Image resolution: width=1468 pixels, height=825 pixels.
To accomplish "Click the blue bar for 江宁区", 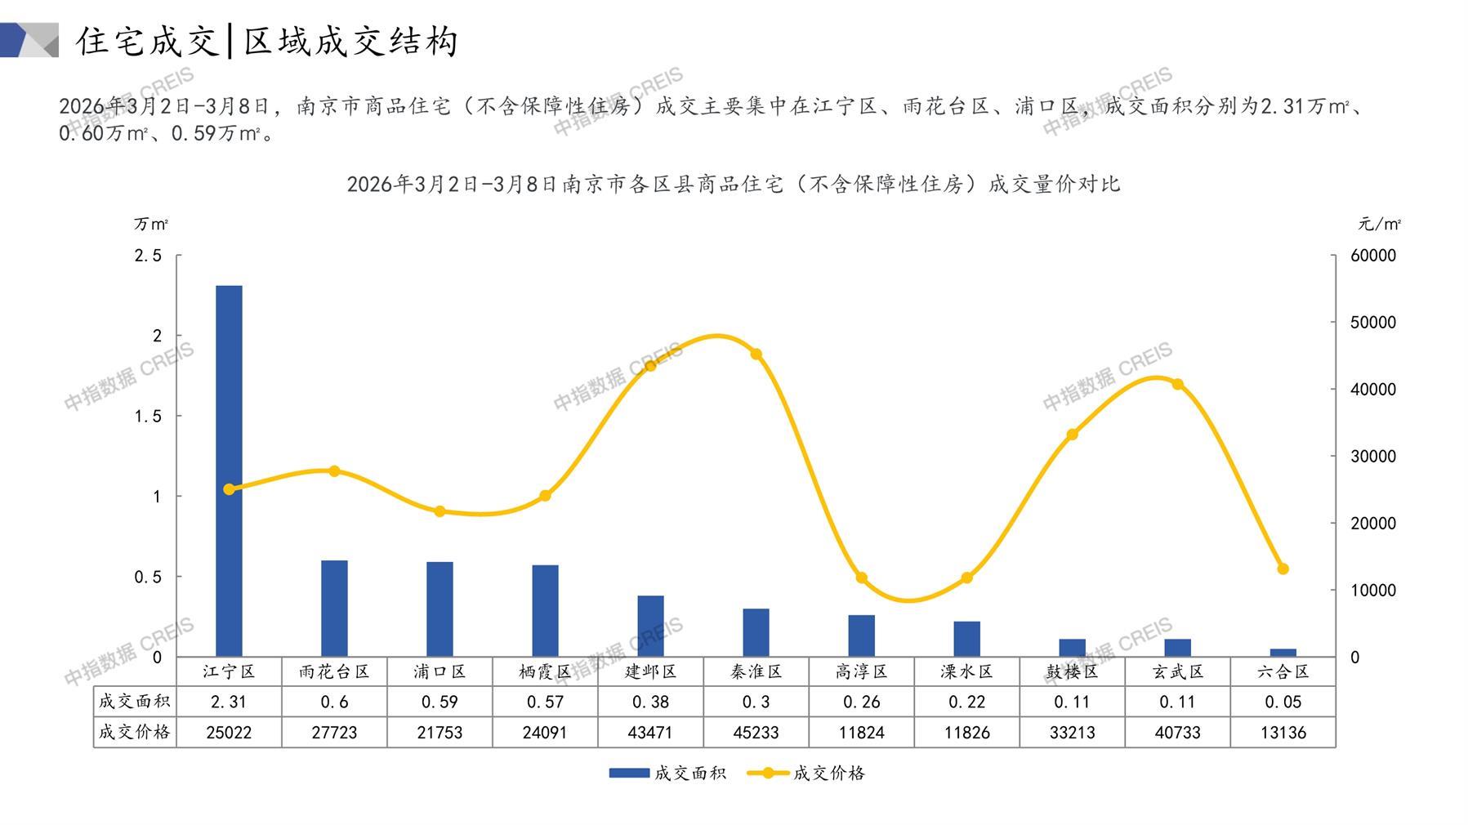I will [229, 470].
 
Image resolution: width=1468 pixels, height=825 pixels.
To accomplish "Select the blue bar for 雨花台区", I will [334, 608].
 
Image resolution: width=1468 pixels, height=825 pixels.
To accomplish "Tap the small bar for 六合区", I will [1283, 652].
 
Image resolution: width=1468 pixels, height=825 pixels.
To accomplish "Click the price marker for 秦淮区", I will [756, 355].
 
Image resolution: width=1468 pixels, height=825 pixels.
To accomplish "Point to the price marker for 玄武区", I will [1177, 385].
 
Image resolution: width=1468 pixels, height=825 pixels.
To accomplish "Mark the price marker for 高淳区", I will [861, 578].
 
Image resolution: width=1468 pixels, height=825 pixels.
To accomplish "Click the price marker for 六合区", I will [1283, 569].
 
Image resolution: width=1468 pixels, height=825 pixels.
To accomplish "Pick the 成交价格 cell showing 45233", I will [756, 733].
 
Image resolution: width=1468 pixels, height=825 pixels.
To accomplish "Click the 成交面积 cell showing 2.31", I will [229, 702].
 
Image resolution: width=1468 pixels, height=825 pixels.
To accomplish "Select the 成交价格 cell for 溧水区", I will [966, 733].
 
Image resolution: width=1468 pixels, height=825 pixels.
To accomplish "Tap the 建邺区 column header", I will [650, 671].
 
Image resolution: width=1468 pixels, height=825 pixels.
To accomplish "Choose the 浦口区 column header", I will [440, 671].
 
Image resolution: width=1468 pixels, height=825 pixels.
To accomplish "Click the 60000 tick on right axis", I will [1373, 256].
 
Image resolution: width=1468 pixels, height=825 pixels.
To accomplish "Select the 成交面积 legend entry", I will [667, 773].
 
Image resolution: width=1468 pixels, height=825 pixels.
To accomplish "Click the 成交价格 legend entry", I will [806, 773].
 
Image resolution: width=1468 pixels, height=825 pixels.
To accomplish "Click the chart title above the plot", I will [733, 185].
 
